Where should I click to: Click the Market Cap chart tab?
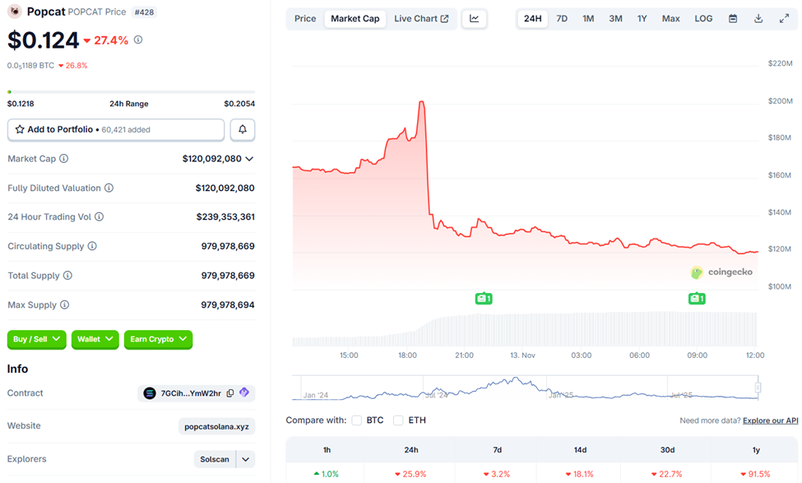pos(355,18)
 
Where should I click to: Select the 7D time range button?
pos(562,18)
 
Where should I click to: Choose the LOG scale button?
pos(703,18)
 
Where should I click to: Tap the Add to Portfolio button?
pos(116,129)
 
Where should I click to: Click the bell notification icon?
pos(243,129)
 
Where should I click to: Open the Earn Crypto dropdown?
pos(158,339)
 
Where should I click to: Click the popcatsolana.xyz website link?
pos(217,426)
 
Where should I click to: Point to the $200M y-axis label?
pos(779,100)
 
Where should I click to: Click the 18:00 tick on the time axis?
pos(406,355)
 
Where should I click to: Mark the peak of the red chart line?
pos(421,102)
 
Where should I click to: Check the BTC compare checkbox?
pos(357,420)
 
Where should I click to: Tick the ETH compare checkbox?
pos(398,420)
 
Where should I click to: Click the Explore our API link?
pos(770,420)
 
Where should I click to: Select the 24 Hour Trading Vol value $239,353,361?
pos(225,217)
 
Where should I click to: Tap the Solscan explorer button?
pos(215,459)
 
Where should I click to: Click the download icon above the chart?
pos(758,18)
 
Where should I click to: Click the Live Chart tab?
pos(421,18)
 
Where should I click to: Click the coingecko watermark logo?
pos(721,272)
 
